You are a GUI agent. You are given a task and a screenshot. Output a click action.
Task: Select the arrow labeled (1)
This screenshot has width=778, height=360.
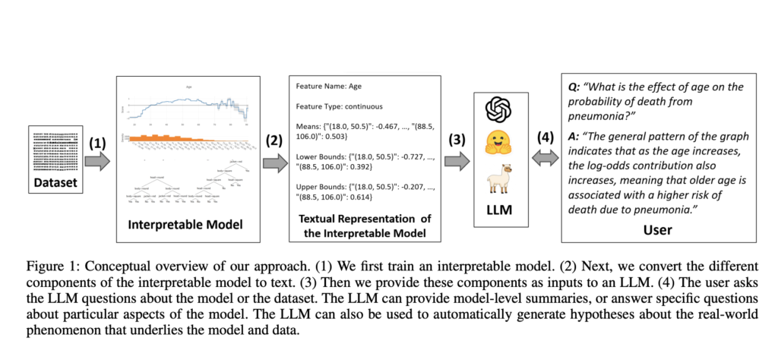(96, 161)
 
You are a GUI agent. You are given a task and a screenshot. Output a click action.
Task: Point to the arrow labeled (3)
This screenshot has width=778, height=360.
(456, 161)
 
